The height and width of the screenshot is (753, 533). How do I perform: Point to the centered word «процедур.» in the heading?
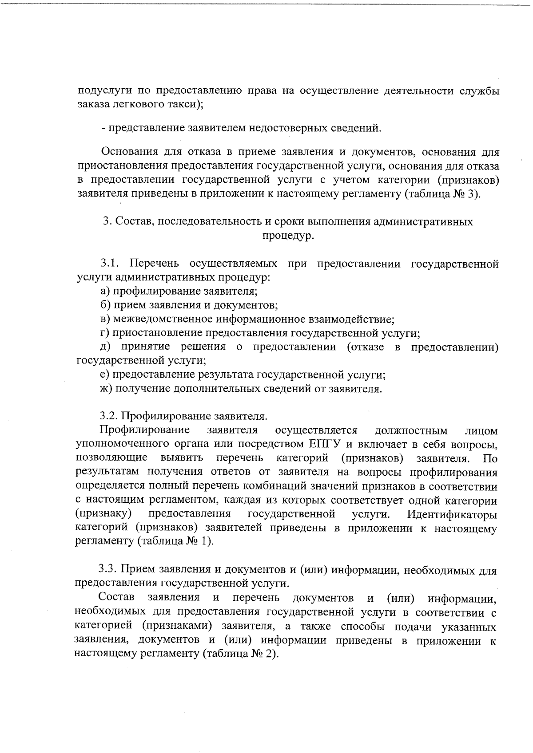point(288,236)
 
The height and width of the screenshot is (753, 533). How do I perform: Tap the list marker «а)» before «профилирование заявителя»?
point(105,292)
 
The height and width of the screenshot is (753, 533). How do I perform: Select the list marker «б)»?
point(105,305)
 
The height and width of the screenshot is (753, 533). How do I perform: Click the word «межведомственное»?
point(163,319)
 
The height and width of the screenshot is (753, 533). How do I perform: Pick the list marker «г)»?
point(104,333)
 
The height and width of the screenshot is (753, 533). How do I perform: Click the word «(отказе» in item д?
point(366,347)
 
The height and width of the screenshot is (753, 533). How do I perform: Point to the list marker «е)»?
point(104,375)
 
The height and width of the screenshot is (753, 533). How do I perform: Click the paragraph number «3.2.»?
point(109,416)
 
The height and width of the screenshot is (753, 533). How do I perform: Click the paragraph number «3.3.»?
point(108,570)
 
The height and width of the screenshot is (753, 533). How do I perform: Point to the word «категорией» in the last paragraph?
point(103,626)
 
